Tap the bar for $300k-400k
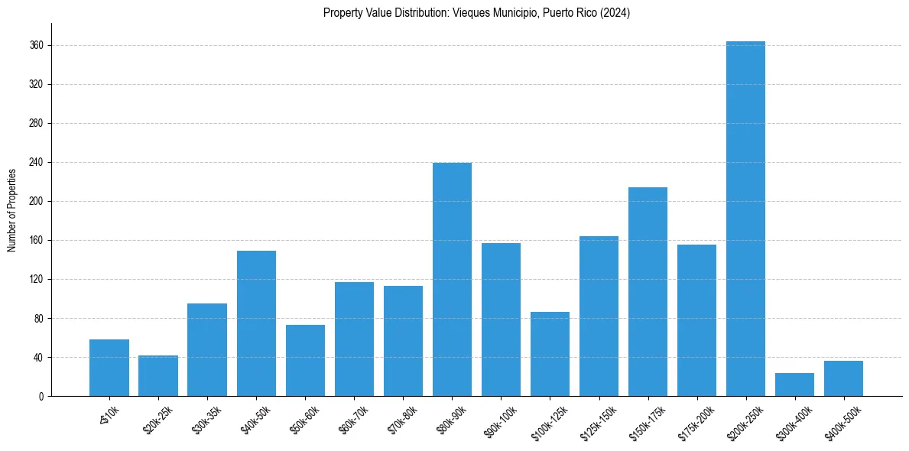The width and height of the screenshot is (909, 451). pyautogui.click(x=794, y=384)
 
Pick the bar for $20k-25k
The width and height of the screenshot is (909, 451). pyautogui.click(x=158, y=376)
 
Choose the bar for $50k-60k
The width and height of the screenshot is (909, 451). pyautogui.click(x=305, y=361)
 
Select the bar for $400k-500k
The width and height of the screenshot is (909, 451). pyautogui.click(x=843, y=378)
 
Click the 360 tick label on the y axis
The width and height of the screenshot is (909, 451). pyautogui.click(x=37, y=46)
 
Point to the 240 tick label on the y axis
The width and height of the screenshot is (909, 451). pyautogui.click(x=37, y=163)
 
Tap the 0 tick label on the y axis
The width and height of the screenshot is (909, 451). pyautogui.click(x=41, y=397)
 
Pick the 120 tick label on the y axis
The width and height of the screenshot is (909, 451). pyautogui.click(x=37, y=280)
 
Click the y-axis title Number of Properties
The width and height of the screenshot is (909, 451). pyautogui.click(x=11, y=209)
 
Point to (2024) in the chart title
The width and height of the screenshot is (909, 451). pyautogui.click(x=615, y=13)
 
